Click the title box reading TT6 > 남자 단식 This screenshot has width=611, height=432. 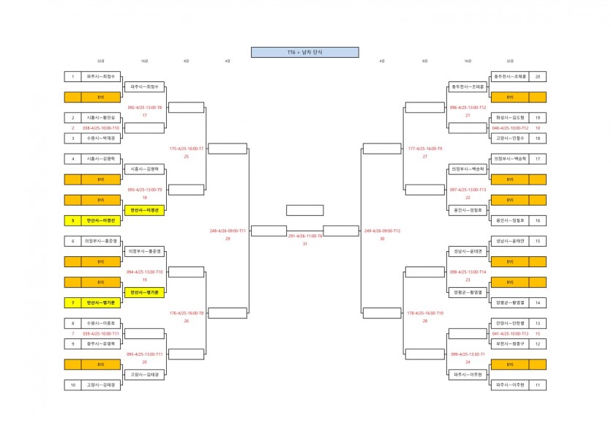click(x=304, y=53)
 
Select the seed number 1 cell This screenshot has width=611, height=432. click(x=73, y=76)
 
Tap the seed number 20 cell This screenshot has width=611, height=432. click(x=538, y=76)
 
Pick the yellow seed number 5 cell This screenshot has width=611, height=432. click(x=73, y=220)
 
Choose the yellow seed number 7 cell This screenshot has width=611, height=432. click(x=73, y=302)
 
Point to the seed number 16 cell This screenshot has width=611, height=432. click(x=538, y=220)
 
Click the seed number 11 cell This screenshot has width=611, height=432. click(x=538, y=384)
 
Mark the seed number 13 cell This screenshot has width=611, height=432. click(x=538, y=323)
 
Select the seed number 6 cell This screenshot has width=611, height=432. click(x=73, y=241)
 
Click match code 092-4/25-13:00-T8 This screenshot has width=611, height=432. click(x=145, y=107)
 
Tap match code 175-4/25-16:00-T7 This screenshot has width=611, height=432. click(x=187, y=148)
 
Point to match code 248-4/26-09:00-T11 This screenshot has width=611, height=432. click(x=228, y=230)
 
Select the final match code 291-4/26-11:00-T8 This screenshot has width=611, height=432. click(x=305, y=236)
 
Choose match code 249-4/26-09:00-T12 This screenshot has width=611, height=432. click(x=382, y=230)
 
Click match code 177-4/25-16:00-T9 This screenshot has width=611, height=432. click(x=425, y=148)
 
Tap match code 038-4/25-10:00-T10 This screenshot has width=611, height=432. click(x=101, y=127)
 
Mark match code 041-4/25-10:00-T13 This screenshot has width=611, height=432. click(x=510, y=333)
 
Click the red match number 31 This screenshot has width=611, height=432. click(x=305, y=244)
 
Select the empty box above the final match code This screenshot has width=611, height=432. click(x=305, y=210)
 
